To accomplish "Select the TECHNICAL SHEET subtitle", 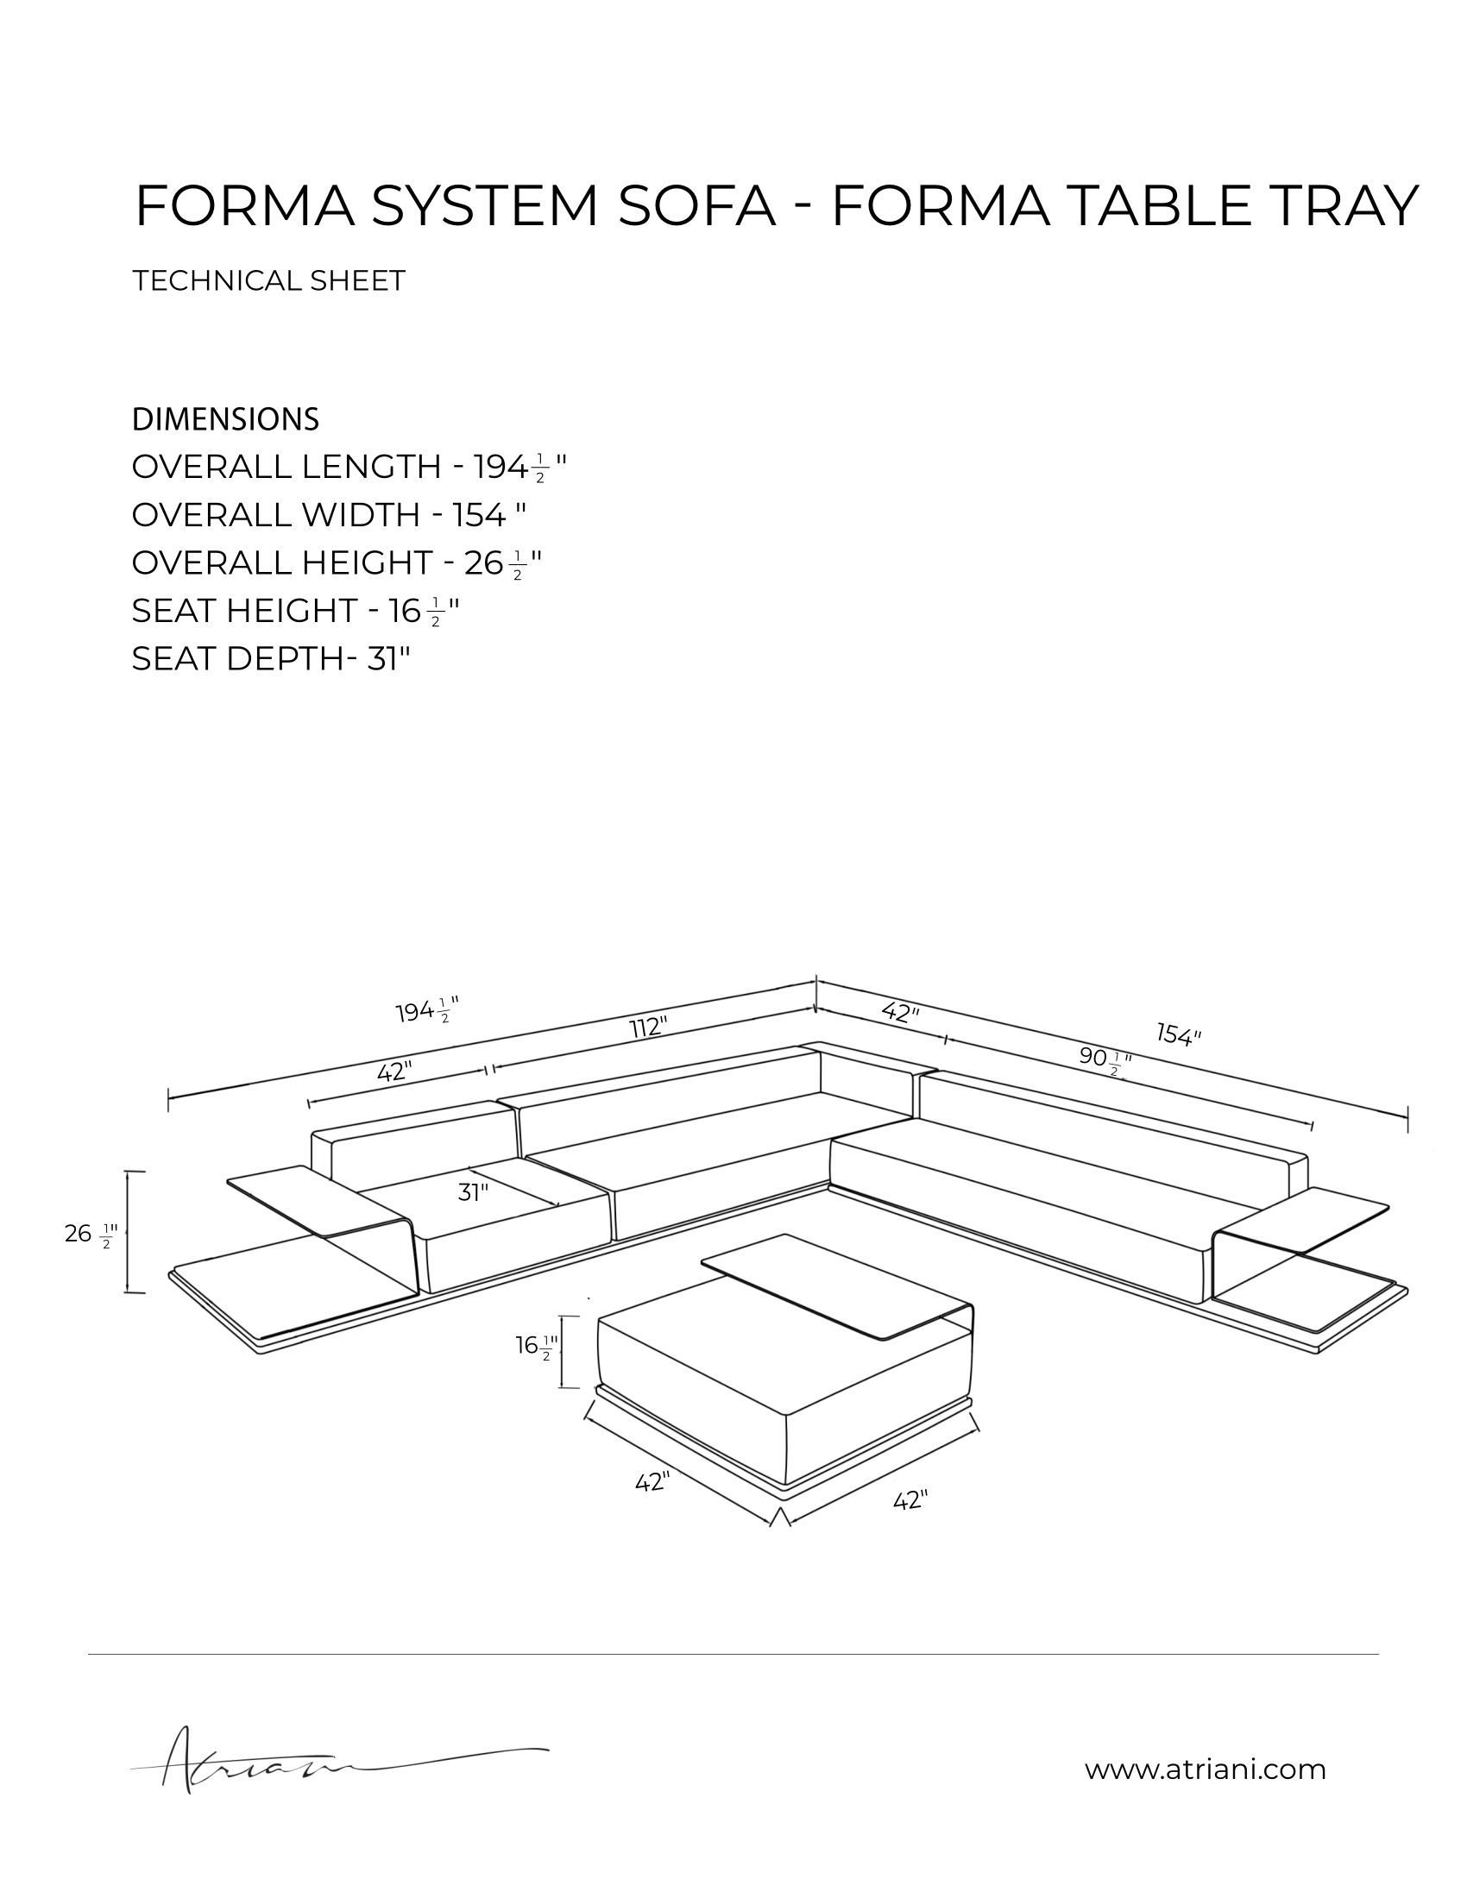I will (268, 280).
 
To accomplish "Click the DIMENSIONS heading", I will (225, 420).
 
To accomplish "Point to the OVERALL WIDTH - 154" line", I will (329, 515).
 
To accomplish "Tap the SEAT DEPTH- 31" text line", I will (270, 660).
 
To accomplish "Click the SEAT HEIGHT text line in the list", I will (294, 612).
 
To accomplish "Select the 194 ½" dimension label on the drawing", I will (426, 1012).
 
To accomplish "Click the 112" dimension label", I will (647, 1028).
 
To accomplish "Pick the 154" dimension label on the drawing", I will (1180, 1034).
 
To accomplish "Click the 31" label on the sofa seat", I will (473, 1193).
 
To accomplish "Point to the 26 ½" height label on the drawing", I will (91, 1233).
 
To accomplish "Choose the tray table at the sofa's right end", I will (1304, 1216).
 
